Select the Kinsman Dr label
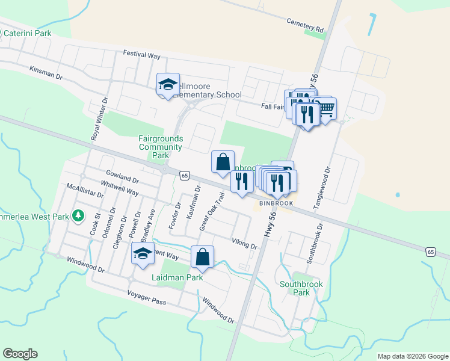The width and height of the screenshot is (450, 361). (x=46, y=73)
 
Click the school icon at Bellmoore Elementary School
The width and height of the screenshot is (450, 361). (x=168, y=85)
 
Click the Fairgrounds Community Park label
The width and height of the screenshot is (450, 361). (x=160, y=147)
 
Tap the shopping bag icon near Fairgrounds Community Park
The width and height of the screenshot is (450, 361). (x=223, y=162)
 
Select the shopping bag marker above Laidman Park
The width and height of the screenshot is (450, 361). (x=203, y=257)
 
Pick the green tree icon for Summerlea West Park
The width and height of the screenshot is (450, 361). (x=78, y=215)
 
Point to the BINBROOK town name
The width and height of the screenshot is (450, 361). (x=276, y=203)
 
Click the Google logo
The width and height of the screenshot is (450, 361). (x=20, y=353)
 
